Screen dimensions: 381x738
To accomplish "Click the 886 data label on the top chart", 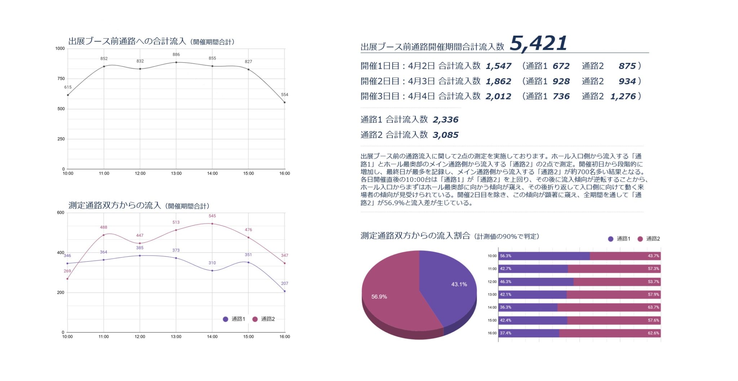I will (176, 55).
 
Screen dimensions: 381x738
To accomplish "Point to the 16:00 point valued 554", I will (284, 102).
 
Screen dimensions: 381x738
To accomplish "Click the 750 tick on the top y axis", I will (61, 79).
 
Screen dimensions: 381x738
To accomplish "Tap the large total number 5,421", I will (538, 44).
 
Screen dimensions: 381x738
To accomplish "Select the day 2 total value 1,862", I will (498, 81).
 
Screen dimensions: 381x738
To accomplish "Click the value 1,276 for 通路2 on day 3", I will (623, 97).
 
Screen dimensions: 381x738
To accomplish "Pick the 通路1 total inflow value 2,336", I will (445, 120).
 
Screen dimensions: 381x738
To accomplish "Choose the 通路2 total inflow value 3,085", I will (445, 135).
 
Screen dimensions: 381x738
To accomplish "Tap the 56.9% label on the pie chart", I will (379, 297).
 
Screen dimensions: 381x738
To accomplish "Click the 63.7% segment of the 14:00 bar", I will (609, 308).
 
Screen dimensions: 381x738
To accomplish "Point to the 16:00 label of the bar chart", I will (492, 333).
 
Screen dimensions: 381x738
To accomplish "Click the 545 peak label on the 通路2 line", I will (212, 216).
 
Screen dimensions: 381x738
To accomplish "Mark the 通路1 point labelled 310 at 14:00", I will (212, 270).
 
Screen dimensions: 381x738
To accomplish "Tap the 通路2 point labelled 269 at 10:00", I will (67, 279).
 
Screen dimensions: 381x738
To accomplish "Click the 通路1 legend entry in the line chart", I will (234, 319).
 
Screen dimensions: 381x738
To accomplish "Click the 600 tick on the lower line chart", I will (61, 213).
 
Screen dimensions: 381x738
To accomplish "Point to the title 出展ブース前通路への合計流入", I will (127, 41).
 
